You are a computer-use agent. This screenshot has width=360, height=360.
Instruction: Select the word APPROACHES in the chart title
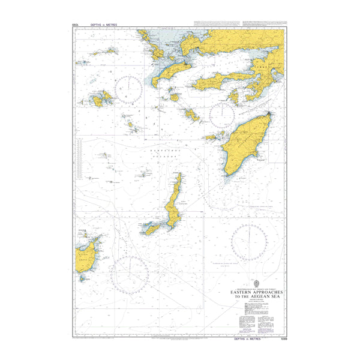coord(271,292)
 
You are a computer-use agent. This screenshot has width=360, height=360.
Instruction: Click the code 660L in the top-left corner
coord(75,25)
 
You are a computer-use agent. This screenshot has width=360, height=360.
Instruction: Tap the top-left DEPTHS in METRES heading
coord(103,25)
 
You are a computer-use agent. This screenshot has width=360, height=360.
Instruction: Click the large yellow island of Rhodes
coord(243,144)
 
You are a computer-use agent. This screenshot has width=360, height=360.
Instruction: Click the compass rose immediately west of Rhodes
coord(221,114)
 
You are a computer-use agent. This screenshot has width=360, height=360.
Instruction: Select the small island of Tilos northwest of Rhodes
coord(191,114)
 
